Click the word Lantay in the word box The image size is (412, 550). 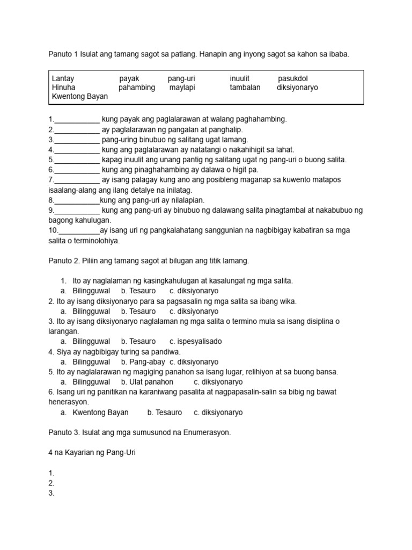pos(63,78)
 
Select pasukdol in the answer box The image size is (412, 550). pos(293,78)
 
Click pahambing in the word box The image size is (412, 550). pos(137,88)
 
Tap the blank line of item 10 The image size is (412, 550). pos(78,230)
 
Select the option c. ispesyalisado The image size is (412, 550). pos(195,342)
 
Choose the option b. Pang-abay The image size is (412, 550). pos(141,362)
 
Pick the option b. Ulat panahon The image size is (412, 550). pos(147,382)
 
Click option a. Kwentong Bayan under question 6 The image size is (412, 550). pos(94,412)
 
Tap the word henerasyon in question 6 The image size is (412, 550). pos(69,402)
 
